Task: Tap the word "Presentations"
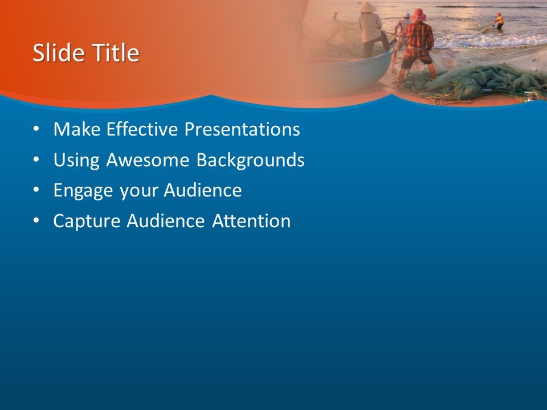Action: pyautogui.click(x=242, y=130)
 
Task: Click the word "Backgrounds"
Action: pyautogui.click(x=250, y=161)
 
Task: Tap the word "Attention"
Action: pyautogui.click(x=251, y=221)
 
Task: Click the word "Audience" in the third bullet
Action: pyautogui.click(x=202, y=191)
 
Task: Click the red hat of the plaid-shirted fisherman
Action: pyautogui.click(x=419, y=14)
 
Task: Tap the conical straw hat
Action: pyautogui.click(x=368, y=7)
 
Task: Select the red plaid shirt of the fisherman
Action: pyautogui.click(x=419, y=39)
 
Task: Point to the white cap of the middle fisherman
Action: pyautogui.click(x=407, y=15)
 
